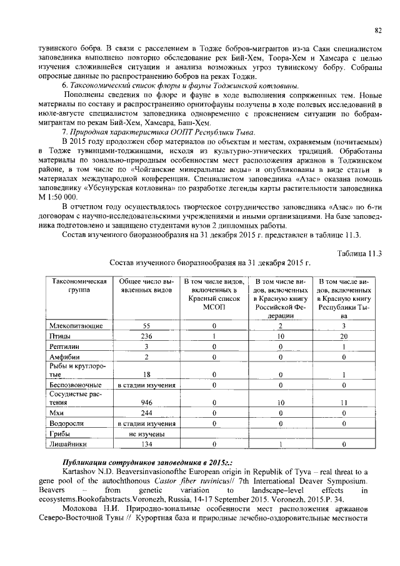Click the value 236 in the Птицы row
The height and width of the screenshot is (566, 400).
(x=146, y=336)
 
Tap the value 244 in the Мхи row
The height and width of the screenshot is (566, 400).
(x=146, y=413)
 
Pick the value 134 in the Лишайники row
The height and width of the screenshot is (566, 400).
(x=146, y=444)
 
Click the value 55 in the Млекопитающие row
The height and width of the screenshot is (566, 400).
(x=146, y=326)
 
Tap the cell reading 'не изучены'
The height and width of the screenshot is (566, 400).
(x=146, y=433)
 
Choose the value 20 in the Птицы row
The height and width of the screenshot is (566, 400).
(x=344, y=336)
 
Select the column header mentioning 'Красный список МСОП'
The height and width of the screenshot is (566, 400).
(x=213, y=295)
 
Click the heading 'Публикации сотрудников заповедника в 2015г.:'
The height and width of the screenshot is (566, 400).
(x=135, y=460)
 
